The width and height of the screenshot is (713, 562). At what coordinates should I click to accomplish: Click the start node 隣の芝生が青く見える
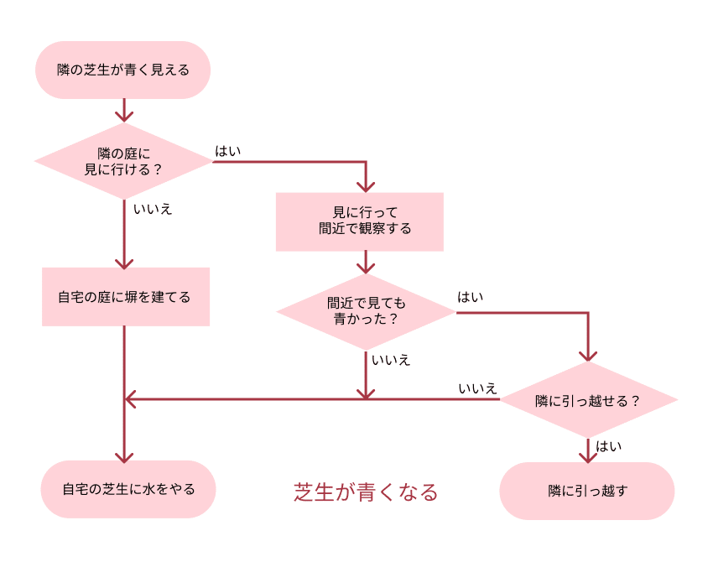coord(122,70)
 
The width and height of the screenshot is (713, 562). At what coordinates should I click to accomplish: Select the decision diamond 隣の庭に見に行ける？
coord(123,161)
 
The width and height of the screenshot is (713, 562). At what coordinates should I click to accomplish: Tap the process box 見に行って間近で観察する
coord(359,221)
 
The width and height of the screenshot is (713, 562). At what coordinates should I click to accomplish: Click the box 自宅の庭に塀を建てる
coord(125,297)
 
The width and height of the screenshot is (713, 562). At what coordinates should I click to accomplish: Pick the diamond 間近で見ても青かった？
coord(366,312)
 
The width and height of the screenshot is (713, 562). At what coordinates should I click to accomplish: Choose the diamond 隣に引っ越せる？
coord(588,400)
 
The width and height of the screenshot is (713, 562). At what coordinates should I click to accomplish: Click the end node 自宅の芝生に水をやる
coord(128,489)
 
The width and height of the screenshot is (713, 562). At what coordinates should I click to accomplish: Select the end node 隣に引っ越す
coord(587,491)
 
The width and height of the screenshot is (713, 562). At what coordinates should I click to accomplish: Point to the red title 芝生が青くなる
coord(366,492)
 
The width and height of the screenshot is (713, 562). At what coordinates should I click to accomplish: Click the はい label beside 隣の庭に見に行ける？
coord(228,151)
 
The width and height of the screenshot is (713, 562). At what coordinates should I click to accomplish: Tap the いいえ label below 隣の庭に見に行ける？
coord(154,209)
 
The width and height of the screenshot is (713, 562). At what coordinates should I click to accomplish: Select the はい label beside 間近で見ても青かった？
coord(470,297)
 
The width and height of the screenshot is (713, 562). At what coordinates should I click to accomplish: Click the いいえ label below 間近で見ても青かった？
coord(392,360)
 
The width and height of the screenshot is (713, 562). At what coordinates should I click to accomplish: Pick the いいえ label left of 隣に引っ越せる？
coord(478,388)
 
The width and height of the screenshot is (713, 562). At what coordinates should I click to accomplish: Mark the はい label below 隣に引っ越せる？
coord(609,446)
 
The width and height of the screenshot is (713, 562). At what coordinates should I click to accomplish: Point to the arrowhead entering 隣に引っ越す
coord(588,455)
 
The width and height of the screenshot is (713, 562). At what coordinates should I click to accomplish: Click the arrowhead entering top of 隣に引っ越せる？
coord(588,355)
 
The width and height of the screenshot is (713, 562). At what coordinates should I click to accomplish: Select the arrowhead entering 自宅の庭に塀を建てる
coord(124,261)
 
